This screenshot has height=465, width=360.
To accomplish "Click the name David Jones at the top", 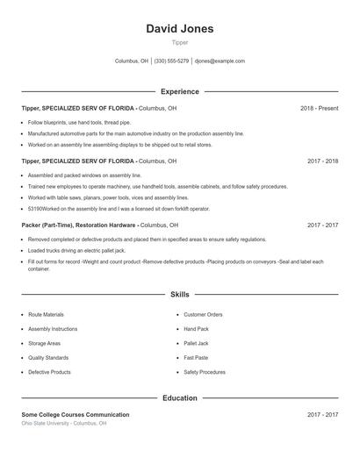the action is [179, 29].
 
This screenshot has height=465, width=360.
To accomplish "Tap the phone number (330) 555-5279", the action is [171, 61].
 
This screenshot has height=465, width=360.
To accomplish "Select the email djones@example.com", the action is [220, 61].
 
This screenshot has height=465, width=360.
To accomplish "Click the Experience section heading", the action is [179, 91].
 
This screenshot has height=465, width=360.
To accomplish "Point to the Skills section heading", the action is [179, 295].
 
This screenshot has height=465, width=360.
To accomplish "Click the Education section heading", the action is [179, 398].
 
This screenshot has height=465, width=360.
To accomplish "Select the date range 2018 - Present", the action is [319, 108].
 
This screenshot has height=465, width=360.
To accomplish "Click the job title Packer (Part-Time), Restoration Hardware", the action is [78, 225].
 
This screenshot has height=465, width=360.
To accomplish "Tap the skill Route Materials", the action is [46, 314].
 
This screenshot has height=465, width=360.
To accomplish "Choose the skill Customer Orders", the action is [203, 314].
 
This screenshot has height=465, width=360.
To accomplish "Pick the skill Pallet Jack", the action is [196, 343].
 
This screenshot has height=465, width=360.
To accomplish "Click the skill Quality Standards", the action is [48, 358].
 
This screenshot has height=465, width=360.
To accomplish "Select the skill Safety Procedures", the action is [205, 372].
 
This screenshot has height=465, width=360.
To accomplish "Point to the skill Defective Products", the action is [49, 372].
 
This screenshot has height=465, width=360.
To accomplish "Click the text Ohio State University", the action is [46, 423].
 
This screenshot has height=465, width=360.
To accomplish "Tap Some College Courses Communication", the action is [75, 414].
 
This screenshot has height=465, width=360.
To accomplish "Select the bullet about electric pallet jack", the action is [83, 250].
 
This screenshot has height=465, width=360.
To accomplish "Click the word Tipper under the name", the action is [179, 42].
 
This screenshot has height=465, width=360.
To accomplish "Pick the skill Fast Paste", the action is [196, 358].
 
